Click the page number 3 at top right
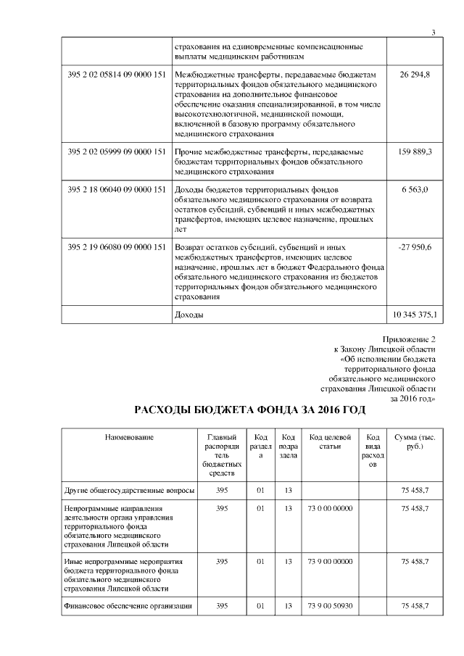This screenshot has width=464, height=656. (433, 32)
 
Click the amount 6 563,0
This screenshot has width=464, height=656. (415, 190)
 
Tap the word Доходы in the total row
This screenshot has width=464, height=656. (189, 315)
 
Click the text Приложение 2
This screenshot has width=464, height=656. (408, 339)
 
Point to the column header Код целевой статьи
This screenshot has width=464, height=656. (330, 441)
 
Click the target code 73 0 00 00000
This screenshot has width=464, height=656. (330, 509)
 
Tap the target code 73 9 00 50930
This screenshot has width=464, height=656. (330, 606)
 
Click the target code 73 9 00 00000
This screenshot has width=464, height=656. (330, 561)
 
